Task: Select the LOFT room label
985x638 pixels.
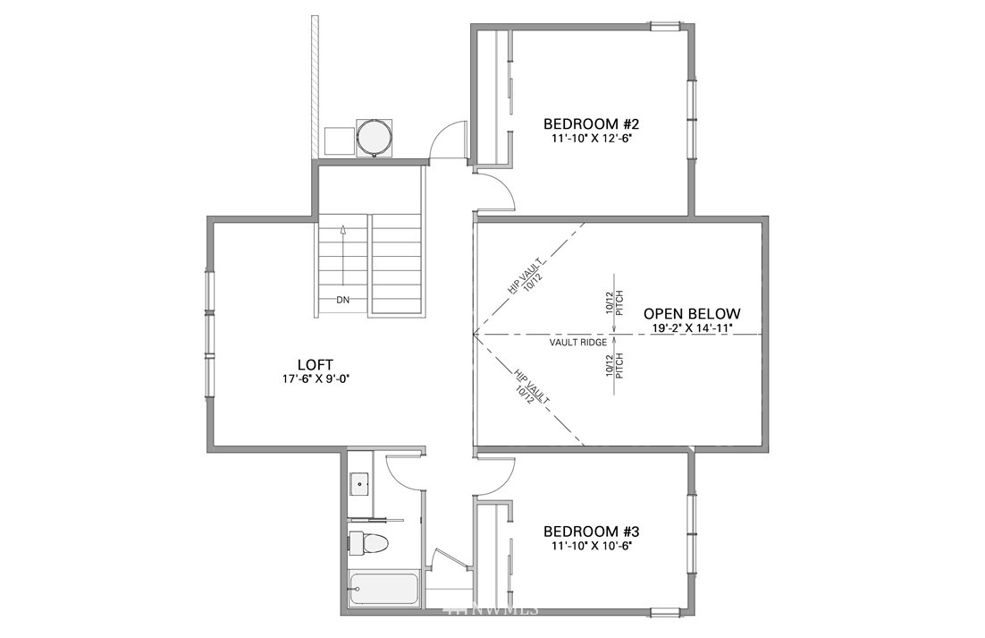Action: tap(316, 364)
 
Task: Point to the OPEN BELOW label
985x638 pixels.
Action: tap(692, 314)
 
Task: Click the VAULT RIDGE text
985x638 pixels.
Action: tap(578, 343)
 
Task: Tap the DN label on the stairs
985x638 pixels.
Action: tap(342, 300)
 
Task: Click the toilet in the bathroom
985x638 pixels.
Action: tap(369, 543)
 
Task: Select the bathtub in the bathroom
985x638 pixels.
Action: tap(383, 590)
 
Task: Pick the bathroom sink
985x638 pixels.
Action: tap(360, 484)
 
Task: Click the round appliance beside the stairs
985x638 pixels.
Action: tap(375, 137)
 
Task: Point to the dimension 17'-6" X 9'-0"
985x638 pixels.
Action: tap(316, 379)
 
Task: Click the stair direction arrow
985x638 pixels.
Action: tap(343, 256)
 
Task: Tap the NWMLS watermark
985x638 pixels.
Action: tap(491, 609)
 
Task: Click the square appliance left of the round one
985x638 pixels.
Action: tap(339, 141)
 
